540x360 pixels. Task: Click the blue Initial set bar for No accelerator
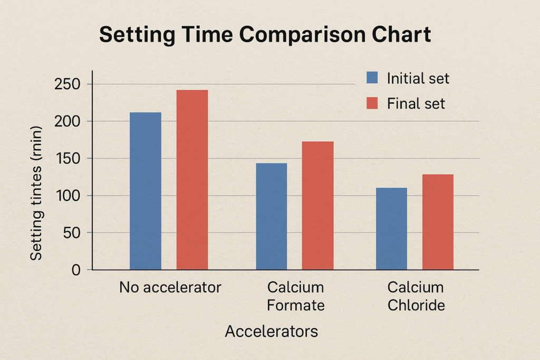[x=145, y=191]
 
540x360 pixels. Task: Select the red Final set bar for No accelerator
[x=192, y=180]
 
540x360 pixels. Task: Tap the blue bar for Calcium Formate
[x=271, y=216]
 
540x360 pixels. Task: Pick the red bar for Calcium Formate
[x=317, y=206]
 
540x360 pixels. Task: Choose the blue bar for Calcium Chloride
[x=391, y=229]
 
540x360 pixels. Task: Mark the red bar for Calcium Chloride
[x=438, y=222]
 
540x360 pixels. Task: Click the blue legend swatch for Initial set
[x=373, y=78]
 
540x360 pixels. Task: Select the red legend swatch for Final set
[x=373, y=103]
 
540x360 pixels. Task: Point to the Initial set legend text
[x=418, y=79]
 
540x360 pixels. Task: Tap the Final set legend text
[x=416, y=104]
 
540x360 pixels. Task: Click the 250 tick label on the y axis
[x=67, y=84]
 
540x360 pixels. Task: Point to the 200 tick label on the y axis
[x=67, y=121]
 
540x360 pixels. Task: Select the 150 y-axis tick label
[x=67, y=159]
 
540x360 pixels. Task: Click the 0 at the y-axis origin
[x=75, y=270]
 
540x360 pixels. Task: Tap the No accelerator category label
[x=170, y=288]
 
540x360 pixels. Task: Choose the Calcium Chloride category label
[x=416, y=296]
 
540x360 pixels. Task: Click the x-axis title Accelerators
[x=271, y=332]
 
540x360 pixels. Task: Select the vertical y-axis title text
[x=36, y=193]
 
